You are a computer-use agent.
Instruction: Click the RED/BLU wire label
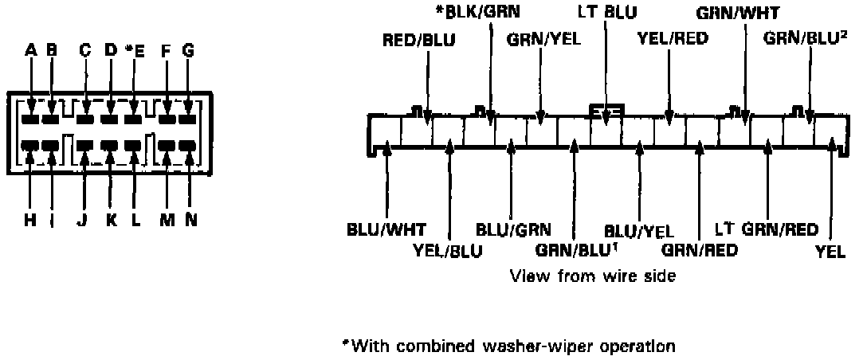click(x=419, y=40)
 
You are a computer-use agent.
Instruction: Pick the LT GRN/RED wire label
click(x=767, y=229)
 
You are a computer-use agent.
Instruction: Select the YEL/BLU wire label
click(x=448, y=250)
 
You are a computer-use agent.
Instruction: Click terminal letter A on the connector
click(x=31, y=51)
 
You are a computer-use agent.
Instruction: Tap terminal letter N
click(x=190, y=221)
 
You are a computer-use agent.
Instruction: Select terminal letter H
click(x=30, y=221)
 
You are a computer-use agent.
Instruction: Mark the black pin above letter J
click(x=85, y=147)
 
